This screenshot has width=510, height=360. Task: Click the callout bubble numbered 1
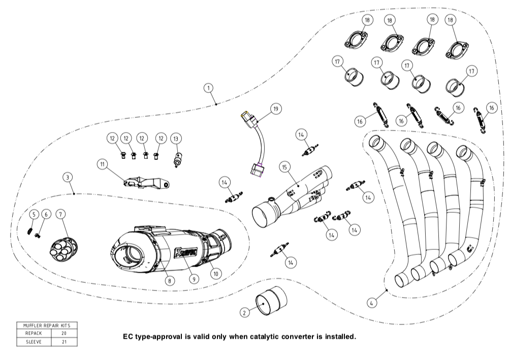pyautogui.click(x=208, y=88)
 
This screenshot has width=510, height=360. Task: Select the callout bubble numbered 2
pyautogui.click(x=244, y=313)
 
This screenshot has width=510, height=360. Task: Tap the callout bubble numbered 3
pyautogui.click(x=68, y=177)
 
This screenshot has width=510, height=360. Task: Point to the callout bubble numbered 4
pyautogui.click(x=372, y=303)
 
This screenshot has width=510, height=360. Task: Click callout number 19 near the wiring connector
pyautogui.click(x=276, y=109)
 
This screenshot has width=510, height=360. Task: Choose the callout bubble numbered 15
pyautogui.click(x=285, y=167)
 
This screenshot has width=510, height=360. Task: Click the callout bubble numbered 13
pyautogui.click(x=176, y=138)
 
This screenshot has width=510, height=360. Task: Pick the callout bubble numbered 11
pyautogui.click(x=103, y=164)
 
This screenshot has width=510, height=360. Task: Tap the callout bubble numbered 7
pyautogui.click(x=61, y=215)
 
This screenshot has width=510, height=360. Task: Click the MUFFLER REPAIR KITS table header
pyautogui.click(x=47, y=325)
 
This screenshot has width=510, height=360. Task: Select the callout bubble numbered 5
pyautogui.click(x=33, y=215)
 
